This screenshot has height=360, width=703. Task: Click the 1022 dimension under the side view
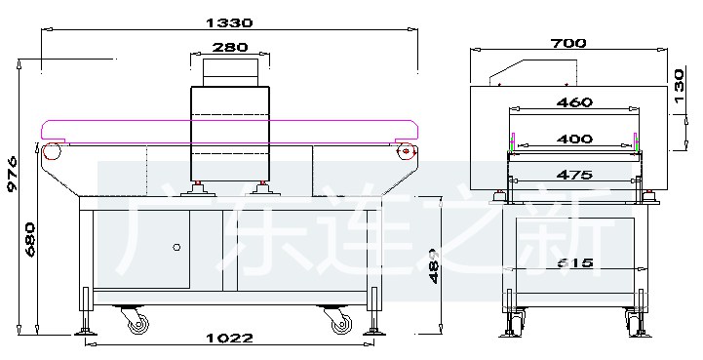[x=230, y=339]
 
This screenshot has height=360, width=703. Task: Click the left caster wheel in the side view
[x=134, y=319]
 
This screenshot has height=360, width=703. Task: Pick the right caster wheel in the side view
[x=339, y=319]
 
